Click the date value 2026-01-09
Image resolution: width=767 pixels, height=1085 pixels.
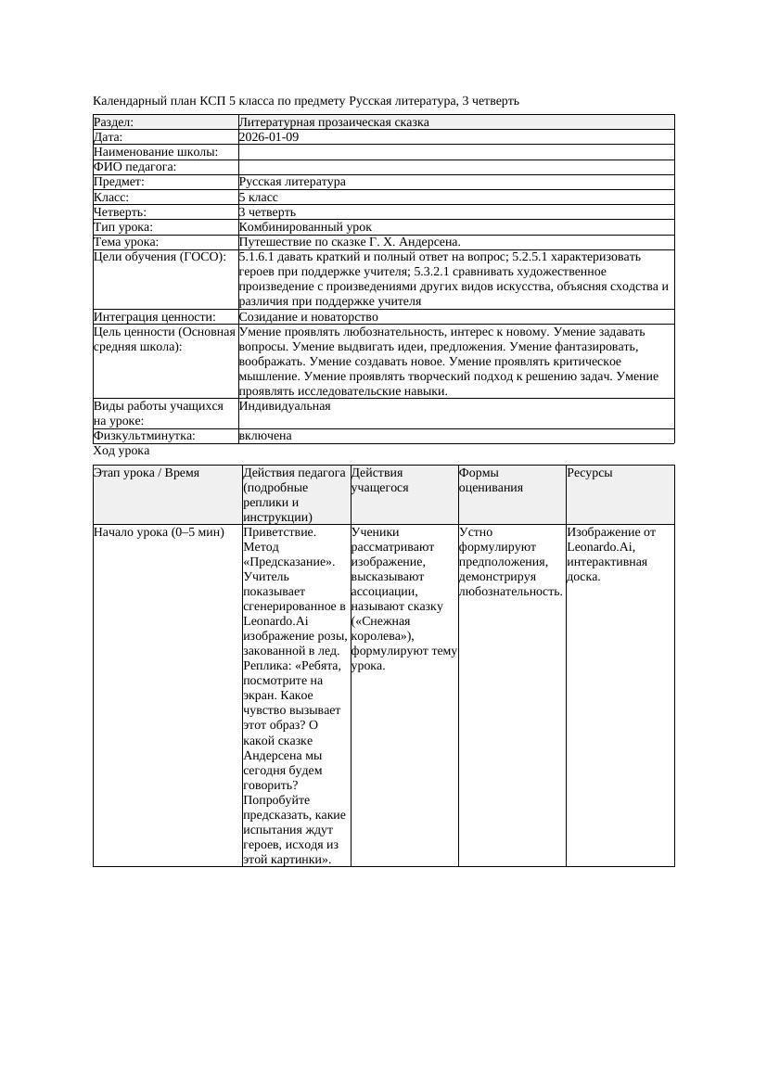(269, 137)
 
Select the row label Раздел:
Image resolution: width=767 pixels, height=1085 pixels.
(114, 122)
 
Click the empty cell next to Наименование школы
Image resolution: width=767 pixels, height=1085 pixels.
(455, 152)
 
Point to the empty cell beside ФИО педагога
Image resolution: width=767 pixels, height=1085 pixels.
(455, 167)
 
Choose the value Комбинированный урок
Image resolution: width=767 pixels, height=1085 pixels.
(305, 226)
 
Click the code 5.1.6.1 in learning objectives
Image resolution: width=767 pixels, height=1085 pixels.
(259, 257)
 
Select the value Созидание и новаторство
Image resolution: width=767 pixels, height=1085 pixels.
(308, 316)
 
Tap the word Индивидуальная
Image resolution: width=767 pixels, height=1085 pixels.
(285, 406)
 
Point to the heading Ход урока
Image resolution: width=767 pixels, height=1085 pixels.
(121, 451)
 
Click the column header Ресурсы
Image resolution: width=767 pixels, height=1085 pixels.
(590, 473)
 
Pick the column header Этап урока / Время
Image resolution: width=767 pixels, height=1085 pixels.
(147, 473)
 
